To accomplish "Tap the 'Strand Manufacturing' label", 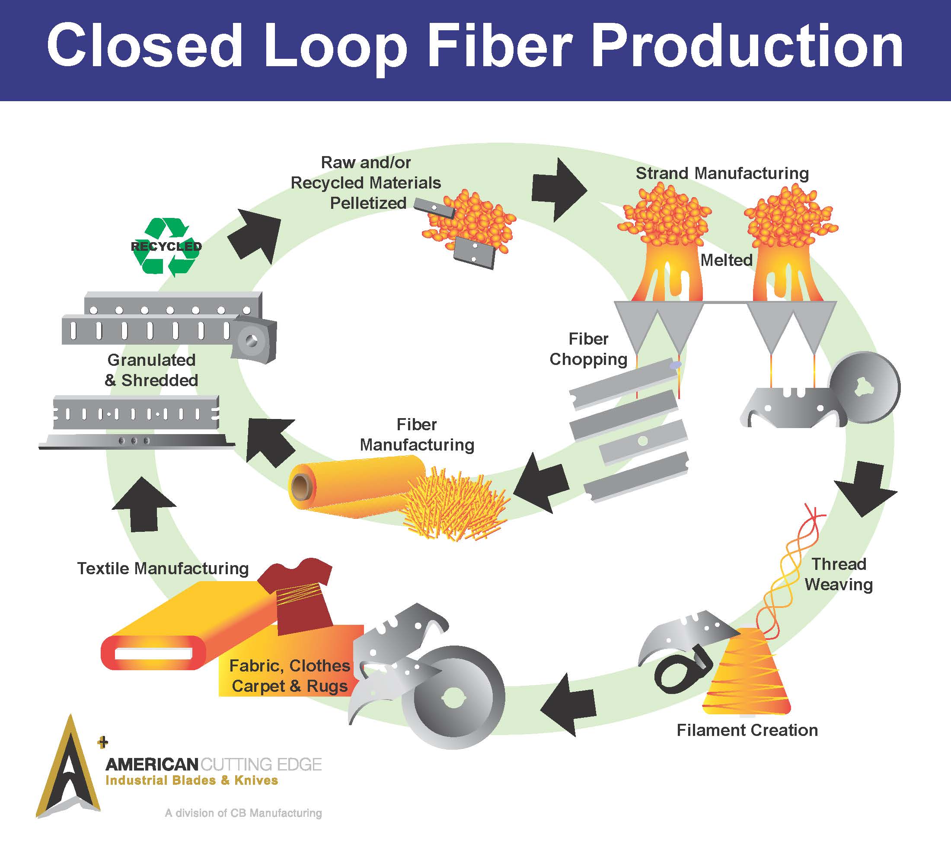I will point(721,173).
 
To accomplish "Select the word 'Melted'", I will point(726,260).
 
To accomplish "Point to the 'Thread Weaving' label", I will point(839,574).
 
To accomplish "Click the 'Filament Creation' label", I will point(747,730).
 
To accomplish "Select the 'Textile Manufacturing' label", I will point(163,568).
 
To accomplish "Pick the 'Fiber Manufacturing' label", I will point(417,435).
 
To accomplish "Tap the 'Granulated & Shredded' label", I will point(152,370).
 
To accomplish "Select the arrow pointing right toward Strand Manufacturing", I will point(559,189).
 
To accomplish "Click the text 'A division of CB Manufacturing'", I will point(243,812).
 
